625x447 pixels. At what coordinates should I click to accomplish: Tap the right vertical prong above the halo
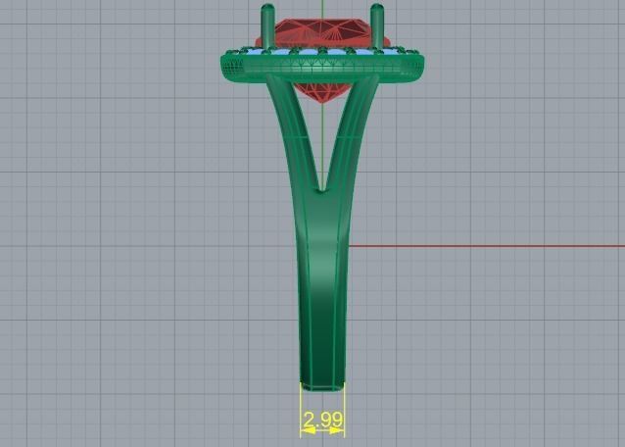click(x=377, y=23)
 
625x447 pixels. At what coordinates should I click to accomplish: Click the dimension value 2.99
click(x=323, y=421)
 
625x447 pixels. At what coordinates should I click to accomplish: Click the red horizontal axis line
click(x=490, y=246)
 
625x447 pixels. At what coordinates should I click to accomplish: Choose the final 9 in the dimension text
click(x=338, y=421)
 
